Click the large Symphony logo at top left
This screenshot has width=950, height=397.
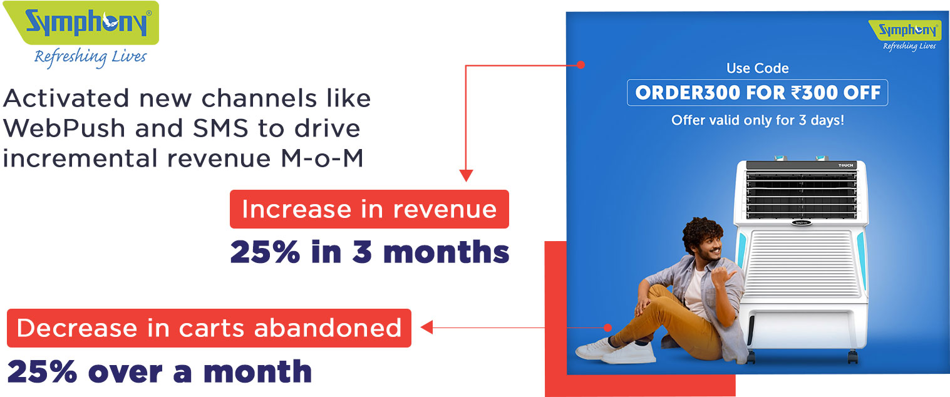81,23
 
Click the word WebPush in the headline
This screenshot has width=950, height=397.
64,128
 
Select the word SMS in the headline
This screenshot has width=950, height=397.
220,128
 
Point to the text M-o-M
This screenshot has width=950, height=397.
323,158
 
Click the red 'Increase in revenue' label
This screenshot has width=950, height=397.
369,209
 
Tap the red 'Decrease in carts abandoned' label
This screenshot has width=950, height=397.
209,328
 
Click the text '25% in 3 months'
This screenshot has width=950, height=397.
369,252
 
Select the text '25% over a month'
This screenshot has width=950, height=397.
160,371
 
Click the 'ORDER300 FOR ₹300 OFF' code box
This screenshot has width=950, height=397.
758,93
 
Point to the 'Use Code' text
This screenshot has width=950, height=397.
758,68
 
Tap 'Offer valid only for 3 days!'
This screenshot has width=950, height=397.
758,120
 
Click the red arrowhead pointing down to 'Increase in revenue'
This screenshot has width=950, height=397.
466,175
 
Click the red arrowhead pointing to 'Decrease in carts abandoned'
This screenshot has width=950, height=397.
426,327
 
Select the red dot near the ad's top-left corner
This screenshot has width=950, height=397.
581,65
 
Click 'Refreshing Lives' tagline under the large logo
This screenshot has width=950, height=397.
90,57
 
